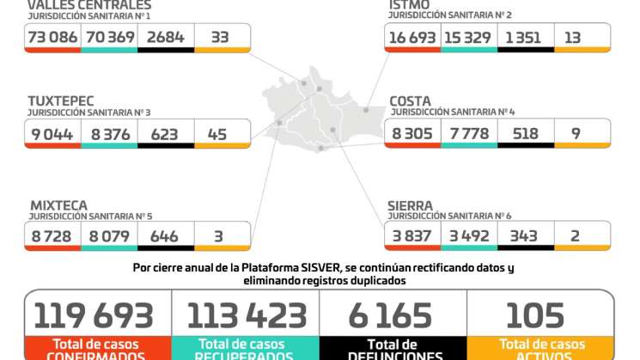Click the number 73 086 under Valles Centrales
(52, 36)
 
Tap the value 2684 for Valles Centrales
(166, 36)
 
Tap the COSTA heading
(410, 101)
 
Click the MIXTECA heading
(58, 205)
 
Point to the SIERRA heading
(411, 205)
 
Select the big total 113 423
(247, 315)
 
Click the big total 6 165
(393, 315)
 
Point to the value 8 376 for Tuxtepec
(109, 133)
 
